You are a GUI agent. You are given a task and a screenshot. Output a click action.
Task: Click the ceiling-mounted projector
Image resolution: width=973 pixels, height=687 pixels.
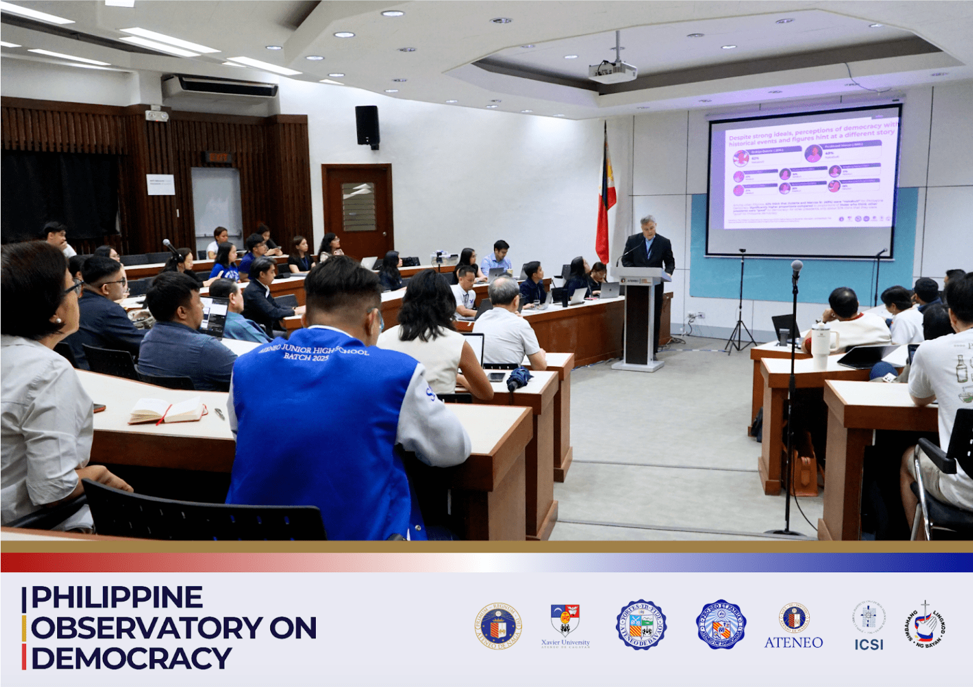(x=612, y=72)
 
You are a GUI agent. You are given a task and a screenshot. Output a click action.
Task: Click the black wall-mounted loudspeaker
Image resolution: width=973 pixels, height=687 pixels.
(x=367, y=125)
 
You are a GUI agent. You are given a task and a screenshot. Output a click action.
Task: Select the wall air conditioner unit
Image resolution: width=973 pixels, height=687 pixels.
(x=219, y=87)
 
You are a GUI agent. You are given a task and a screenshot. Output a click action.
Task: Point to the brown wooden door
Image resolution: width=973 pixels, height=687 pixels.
(x=357, y=210)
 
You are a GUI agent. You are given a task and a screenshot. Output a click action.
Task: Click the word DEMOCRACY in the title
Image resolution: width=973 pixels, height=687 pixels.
(x=131, y=658)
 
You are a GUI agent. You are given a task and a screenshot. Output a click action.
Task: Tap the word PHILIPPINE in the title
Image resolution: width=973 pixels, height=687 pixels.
(x=117, y=597)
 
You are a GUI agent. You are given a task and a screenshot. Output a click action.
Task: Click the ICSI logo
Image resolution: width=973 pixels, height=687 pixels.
(x=868, y=626)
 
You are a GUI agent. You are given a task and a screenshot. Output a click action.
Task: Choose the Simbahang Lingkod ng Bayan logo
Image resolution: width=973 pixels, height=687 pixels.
(x=925, y=625)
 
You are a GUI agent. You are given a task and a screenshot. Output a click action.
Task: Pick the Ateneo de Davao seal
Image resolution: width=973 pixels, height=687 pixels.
(x=641, y=625)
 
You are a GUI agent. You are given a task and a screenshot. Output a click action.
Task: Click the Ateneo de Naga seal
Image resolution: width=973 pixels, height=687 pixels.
(x=499, y=626)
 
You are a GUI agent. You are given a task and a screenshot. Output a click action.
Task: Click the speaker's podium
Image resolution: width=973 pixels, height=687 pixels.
(x=639, y=317)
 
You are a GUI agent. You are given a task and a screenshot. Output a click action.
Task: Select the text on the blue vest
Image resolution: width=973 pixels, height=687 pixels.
(x=313, y=352)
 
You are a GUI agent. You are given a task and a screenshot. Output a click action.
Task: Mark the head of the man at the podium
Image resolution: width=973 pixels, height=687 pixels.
(x=648, y=224)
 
